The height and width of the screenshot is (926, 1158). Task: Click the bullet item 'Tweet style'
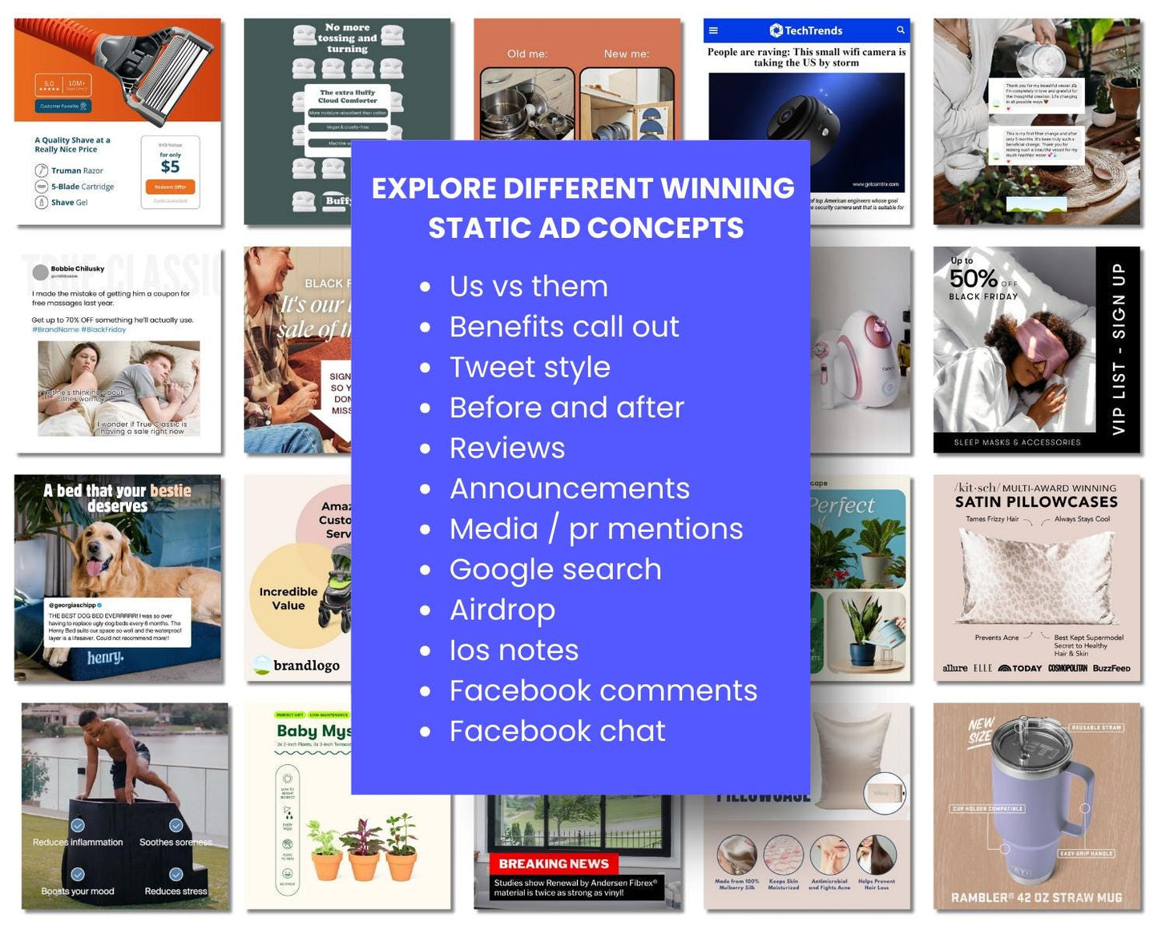tap(530, 367)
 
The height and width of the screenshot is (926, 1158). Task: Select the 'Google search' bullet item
tap(555, 570)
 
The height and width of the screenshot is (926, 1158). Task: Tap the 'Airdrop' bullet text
tap(502, 610)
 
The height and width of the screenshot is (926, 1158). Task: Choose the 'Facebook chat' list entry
tap(557, 731)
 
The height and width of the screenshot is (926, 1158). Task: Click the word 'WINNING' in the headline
tap(728, 188)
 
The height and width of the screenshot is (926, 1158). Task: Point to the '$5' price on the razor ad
tap(170, 167)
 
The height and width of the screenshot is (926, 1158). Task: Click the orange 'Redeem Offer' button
tap(170, 187)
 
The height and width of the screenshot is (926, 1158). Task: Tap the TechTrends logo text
tap(813, 30)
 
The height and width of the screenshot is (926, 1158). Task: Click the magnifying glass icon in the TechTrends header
tap(901, 30)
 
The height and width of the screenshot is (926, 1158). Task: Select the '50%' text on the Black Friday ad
tap(973, 279)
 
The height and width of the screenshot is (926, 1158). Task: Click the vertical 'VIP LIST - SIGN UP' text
tap(1119, 349)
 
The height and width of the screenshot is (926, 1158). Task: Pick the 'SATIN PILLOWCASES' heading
tap(1036, 502)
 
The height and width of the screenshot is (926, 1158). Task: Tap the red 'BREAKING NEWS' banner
tap(554, 864)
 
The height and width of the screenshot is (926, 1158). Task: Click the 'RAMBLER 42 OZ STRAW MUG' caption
tap(1036, 898)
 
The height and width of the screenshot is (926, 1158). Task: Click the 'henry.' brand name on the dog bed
tap(105, 657)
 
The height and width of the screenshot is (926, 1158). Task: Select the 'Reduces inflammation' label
tap(78, 842)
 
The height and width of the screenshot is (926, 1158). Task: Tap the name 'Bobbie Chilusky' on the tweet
tap(78, 269)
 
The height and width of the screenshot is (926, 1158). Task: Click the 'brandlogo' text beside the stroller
tap(306, 666)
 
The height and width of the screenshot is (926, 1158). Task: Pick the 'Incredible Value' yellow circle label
tap(288, 598)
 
